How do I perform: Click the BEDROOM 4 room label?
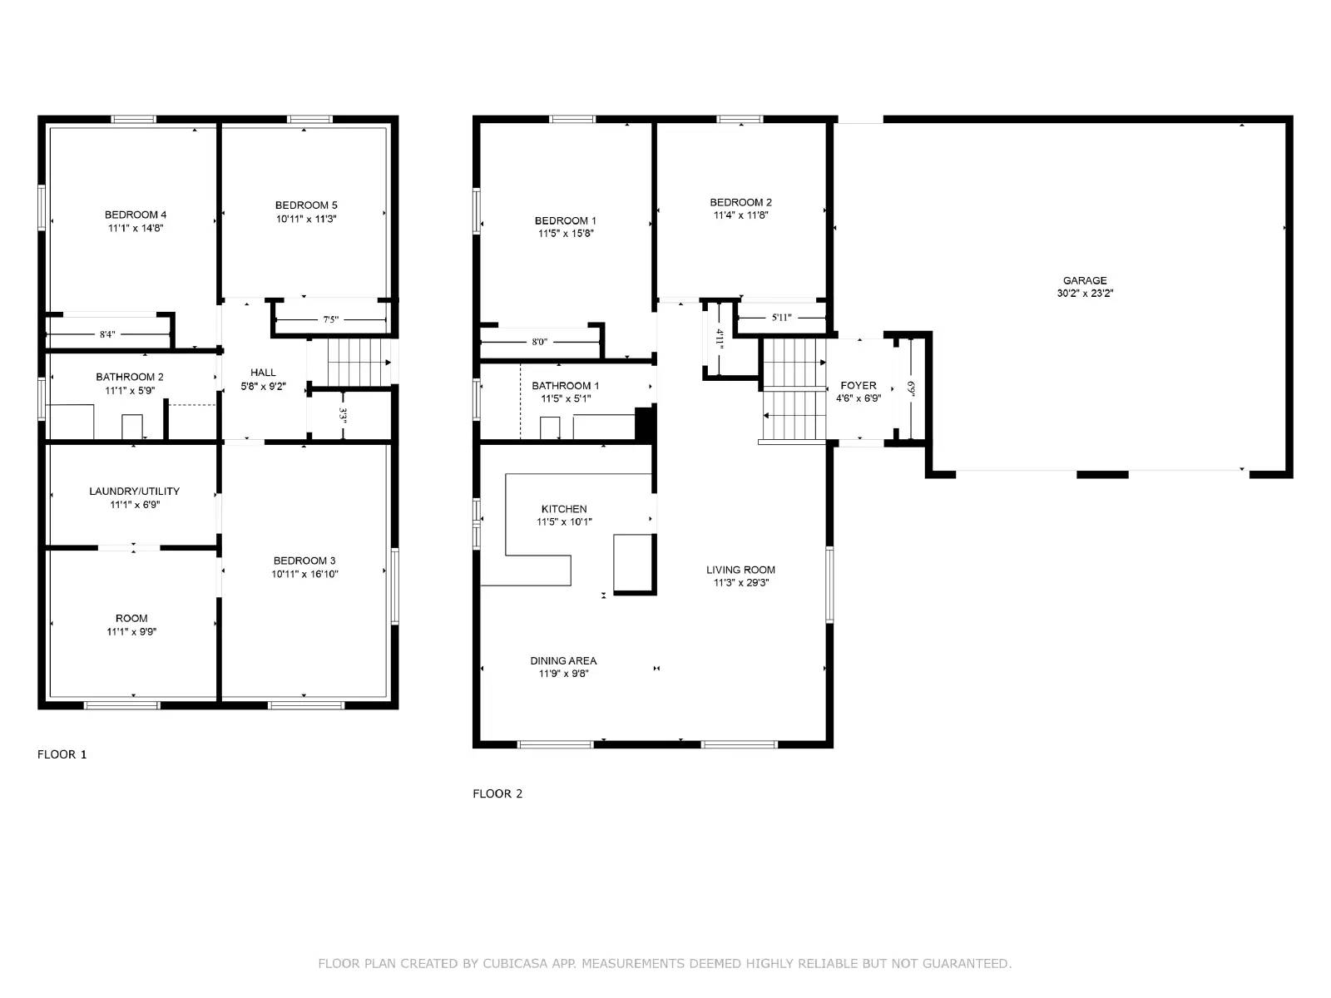[136, 215]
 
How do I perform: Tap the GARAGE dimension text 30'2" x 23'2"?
[1085, 294]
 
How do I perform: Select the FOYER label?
[858, 385]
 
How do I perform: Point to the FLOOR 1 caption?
[62, 754]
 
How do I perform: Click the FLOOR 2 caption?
[497, 793]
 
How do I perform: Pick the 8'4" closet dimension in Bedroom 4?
[107, 334]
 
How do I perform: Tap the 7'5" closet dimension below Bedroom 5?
[330, 319]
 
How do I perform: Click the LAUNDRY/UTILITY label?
[134, 491]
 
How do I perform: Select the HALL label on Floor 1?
[263, 373]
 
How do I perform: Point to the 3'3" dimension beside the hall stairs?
[343, 415]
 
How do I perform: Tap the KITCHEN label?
[564, 509]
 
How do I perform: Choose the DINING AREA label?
[563, 660]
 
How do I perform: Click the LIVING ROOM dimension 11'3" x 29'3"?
[740, 583]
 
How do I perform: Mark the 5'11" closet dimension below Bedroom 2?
[781, 317]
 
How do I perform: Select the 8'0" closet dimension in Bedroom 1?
[540, 342]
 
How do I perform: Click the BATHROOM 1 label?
[565, 386]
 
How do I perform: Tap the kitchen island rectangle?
[632, 563]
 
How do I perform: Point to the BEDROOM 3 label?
[304, 561]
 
